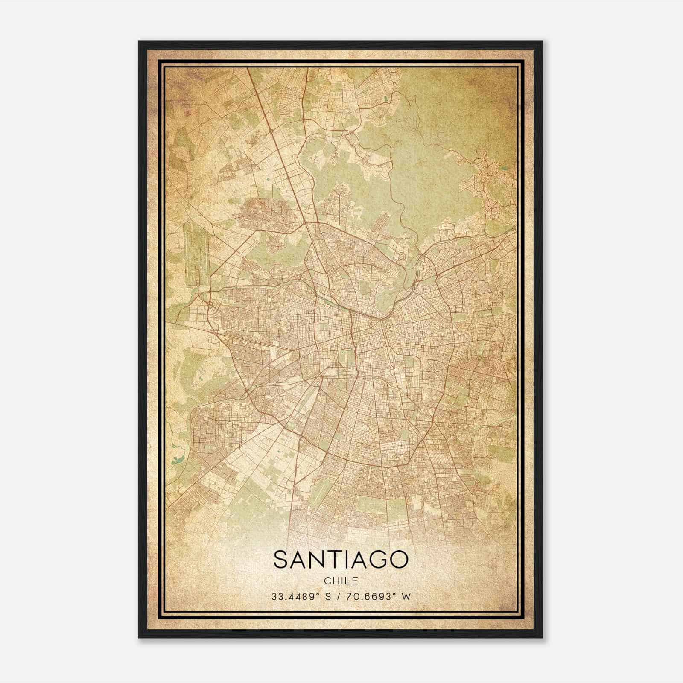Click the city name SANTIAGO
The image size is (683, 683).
tap(341, 559)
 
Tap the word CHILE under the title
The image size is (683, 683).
tap(341, 581)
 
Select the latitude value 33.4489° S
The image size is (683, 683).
tap(301, 596)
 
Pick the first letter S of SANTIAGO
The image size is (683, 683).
tap(280, 559)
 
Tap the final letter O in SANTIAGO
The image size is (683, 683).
tap(399, 559)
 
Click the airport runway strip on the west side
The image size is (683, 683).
tap(192, 252)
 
